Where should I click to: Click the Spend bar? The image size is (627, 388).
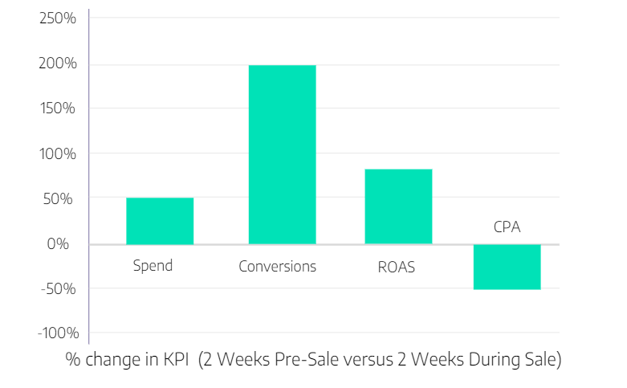coord(160,221)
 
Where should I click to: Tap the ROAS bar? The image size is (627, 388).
coord(398,206)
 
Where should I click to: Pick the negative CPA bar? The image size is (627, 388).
coord(507,267)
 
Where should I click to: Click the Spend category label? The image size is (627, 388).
coord(153,265)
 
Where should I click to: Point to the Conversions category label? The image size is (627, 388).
coord(278,266)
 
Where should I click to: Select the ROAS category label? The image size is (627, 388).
coord(397,266)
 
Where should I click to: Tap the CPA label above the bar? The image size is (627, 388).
coord(507,227)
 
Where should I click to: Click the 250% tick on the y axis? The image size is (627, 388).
coord(58,18)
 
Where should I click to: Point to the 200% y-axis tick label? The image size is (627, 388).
coord(58,63)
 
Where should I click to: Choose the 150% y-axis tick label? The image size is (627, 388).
coord(59,108)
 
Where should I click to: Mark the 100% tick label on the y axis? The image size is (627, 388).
coord(59,153)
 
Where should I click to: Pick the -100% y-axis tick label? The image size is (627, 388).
coord(56,333)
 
